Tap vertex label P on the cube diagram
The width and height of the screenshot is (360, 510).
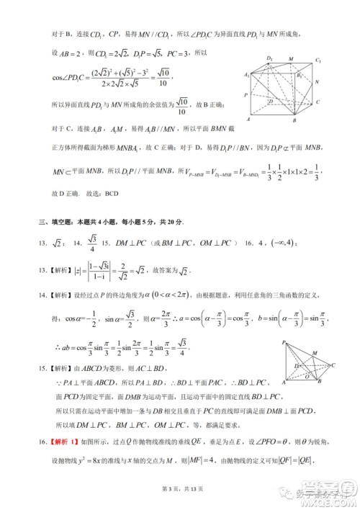(248, 94)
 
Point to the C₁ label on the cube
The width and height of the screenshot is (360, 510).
(318, 61)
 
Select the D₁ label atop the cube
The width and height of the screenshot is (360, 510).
(269, 58)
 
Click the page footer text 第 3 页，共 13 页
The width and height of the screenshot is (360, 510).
(179, 489)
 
